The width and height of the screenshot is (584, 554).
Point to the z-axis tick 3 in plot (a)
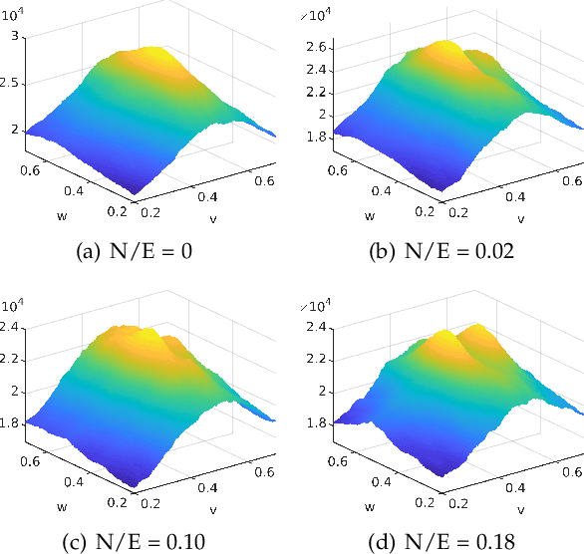(x=15, y=37)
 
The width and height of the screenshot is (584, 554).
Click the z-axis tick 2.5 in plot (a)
(x=10, y=84)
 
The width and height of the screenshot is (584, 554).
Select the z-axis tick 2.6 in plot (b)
(x=319, y=47)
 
